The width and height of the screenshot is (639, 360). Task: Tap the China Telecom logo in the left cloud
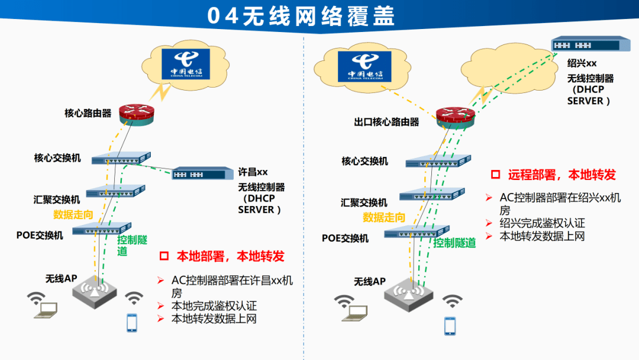click(x=186, y=65)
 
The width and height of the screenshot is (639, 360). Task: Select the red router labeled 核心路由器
click(x=135, y=113)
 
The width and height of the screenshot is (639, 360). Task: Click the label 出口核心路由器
click(x=386, y=122)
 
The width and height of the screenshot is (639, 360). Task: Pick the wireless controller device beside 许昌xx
click(x=202, y=173)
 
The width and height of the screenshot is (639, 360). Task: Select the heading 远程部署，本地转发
click(x=561, y=175)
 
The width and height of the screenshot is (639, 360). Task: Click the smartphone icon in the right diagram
click(x=450, y=326)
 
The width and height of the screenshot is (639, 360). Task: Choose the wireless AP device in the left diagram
click(x=95, y=290)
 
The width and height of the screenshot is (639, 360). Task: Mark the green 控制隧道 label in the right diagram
click(x=454, y=243)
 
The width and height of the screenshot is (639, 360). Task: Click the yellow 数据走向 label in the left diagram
click(x=73, y=214)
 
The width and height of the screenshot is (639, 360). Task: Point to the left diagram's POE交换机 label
click(x=40, y=235)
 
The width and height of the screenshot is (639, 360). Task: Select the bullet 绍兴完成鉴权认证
click(x=542, y=223)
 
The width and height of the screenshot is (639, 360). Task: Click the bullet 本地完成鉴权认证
click(x=214, y=306)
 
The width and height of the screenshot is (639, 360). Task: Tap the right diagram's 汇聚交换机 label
click(x=364, y=202)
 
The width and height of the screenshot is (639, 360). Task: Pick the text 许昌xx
click(x=253, y=172)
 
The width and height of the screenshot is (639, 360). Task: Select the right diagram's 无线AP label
click(x=369, y=281)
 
